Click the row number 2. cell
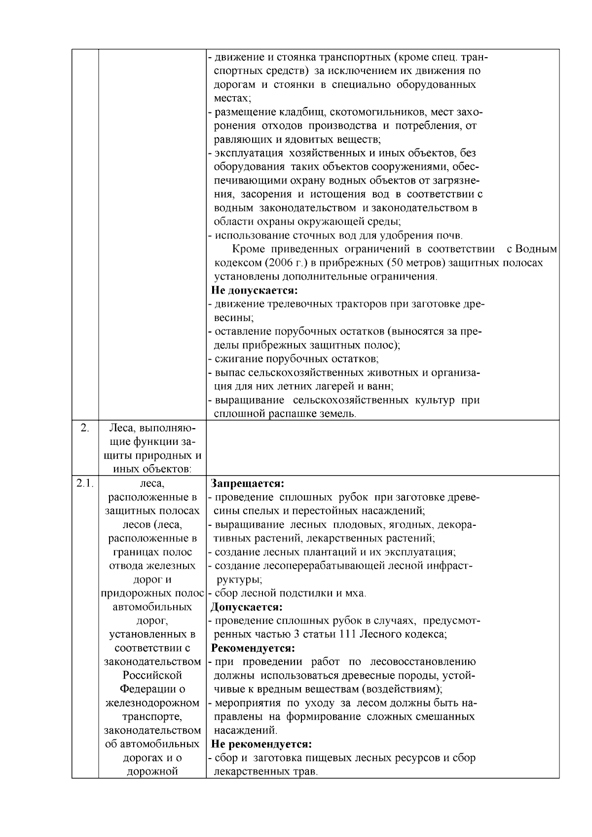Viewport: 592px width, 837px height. [x=84, y=428]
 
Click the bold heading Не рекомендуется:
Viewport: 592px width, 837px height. [x=261, y=744]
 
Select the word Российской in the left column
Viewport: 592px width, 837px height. [x=152, y=675]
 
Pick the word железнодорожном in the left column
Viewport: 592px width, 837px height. [x=152, y=702]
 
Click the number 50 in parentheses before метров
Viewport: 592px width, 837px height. [x=397, y=263]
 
